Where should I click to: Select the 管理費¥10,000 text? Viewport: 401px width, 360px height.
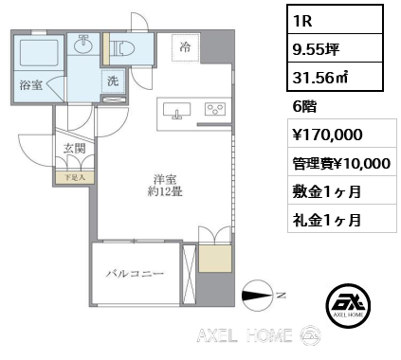337,162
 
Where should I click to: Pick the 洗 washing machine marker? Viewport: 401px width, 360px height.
113,82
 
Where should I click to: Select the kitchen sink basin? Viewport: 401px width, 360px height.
176,113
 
